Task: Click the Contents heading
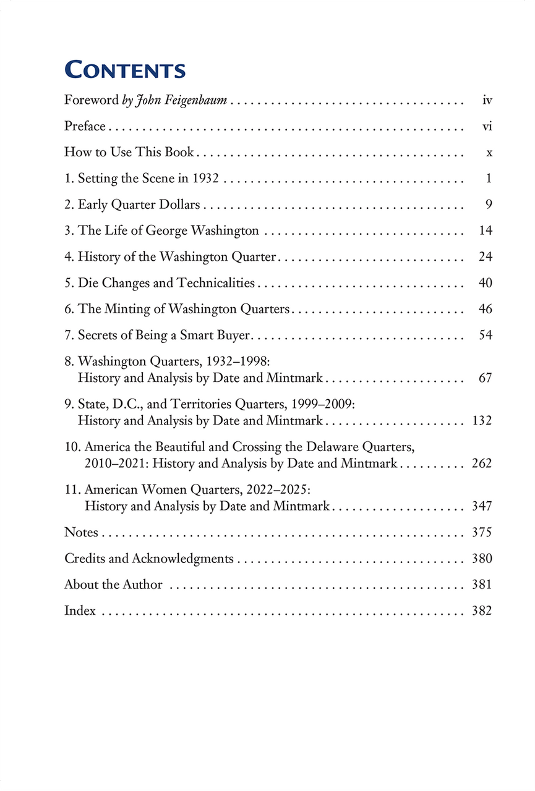[125, 70]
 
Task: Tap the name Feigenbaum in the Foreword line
[198, 100]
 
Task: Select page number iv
[487, 100]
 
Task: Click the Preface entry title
[85, 126]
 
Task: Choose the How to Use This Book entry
[129, 152]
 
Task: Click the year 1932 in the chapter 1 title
[205, 179]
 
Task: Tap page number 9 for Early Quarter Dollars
[489, 205]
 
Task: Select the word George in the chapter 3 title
[166, 231]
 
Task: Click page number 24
[486, 256]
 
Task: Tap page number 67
[486, 378]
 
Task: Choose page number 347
[482, 506]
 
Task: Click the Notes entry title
[81, 532]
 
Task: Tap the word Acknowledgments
[182, 559]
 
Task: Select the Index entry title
[80, 611]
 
